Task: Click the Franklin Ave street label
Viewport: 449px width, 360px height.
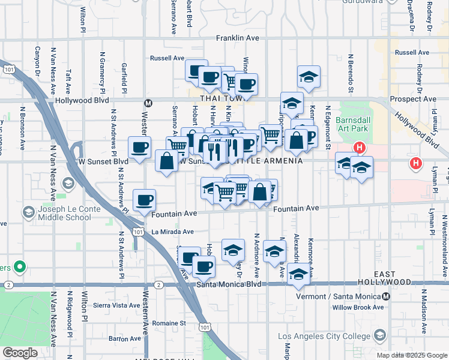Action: coord(238,38)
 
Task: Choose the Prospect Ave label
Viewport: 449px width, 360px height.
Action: coord(413,99)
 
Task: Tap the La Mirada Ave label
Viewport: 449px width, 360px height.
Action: coord(172,232)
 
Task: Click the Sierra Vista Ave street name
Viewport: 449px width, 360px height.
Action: coord(118,305)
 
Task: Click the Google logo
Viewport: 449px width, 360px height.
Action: coord(19,353)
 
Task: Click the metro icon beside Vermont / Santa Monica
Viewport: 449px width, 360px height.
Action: coord(386,296)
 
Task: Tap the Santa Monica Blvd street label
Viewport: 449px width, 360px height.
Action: coord(229,284)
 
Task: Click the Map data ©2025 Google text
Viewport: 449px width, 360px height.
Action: coord(411,355)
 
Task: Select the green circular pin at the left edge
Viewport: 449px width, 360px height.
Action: coord(19,266)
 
